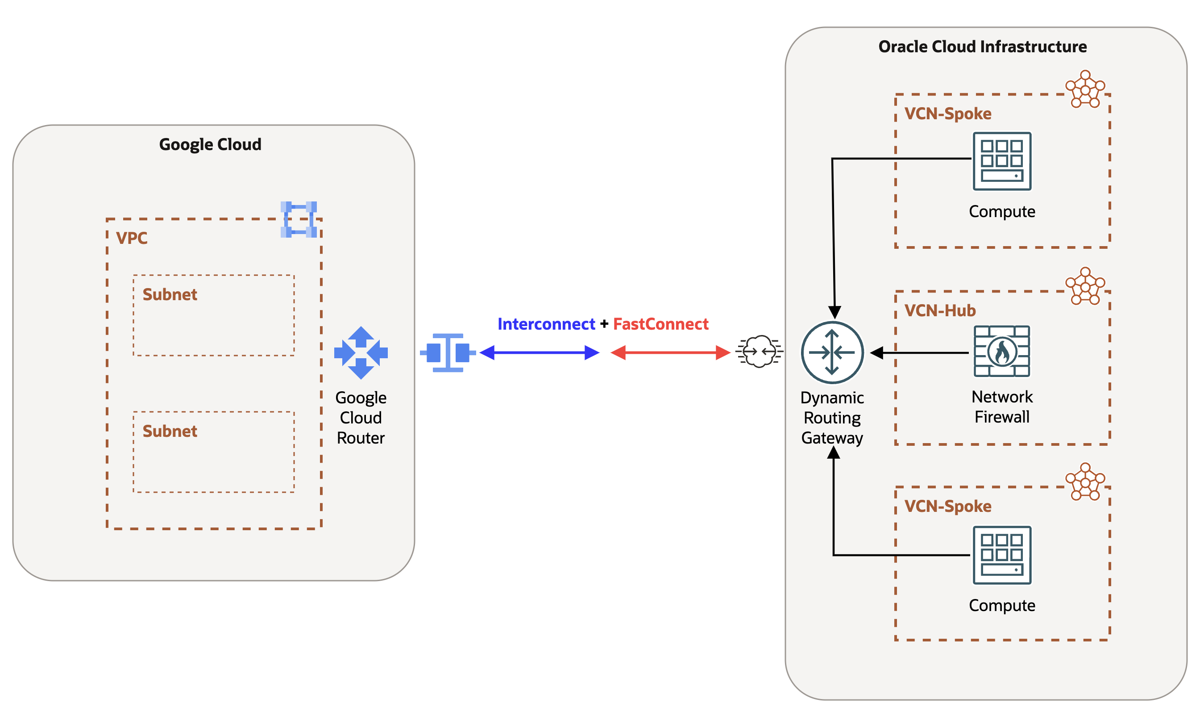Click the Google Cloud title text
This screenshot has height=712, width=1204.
coord(210,144)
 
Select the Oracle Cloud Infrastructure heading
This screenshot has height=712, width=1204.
coord(982,46)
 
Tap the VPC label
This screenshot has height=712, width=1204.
coord(131,238)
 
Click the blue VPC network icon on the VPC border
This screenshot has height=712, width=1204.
coord(299,220)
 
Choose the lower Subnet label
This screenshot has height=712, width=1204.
coord(170,431)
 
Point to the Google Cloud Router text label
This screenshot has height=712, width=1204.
coord(361,417)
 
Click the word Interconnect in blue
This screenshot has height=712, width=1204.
coord(546,324)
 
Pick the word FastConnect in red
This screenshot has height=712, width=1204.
coord(660,324)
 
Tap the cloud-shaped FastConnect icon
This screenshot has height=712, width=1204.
coord(759,352)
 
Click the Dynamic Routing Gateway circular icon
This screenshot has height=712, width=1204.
coord(832,352)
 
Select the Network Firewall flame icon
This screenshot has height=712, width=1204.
coord(1002,352)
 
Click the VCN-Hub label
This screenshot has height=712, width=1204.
coord(940,310)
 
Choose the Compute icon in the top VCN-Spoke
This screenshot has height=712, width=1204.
coord(1002,161)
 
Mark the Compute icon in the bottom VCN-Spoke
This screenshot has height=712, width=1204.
coord(1002,555)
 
